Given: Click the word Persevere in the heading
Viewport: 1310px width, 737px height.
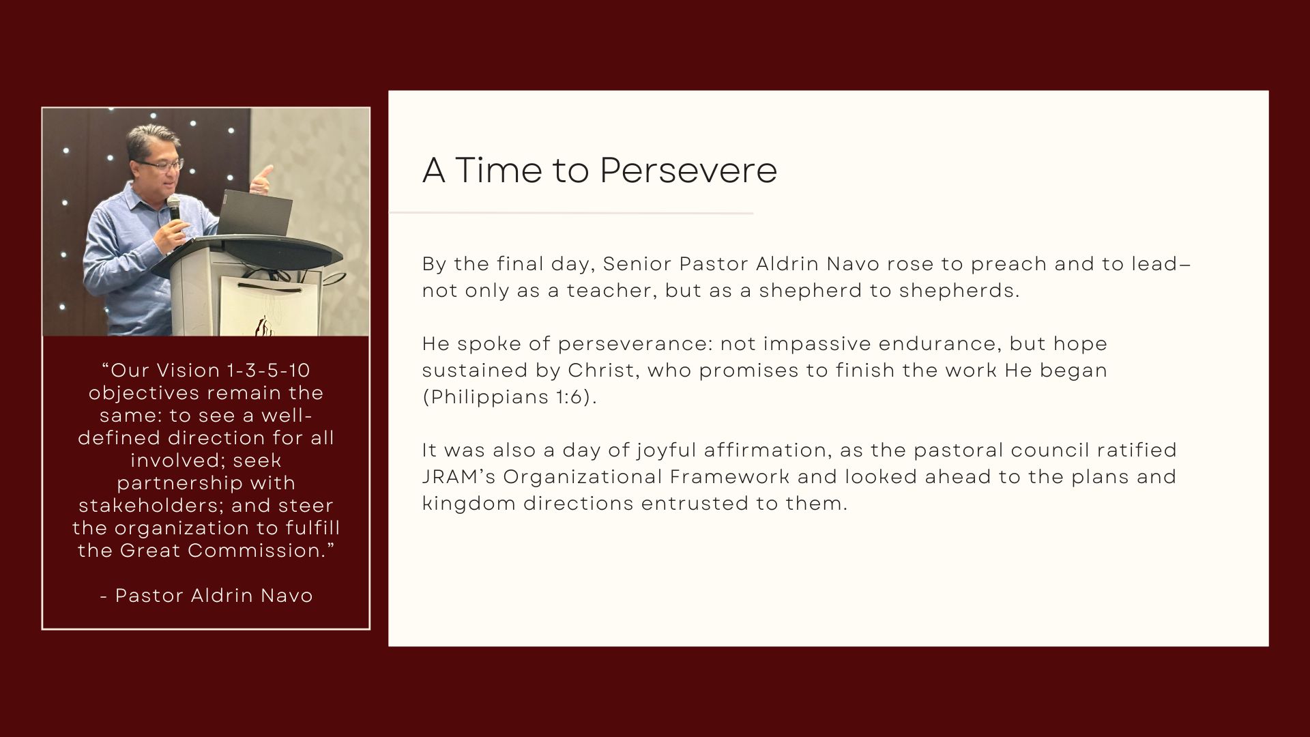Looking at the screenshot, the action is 688,171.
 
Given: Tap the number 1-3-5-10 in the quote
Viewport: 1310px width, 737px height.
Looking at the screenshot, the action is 267,371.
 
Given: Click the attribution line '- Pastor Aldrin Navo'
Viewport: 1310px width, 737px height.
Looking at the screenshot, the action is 206,596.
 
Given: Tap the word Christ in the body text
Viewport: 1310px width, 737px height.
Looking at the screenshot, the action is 605,371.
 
